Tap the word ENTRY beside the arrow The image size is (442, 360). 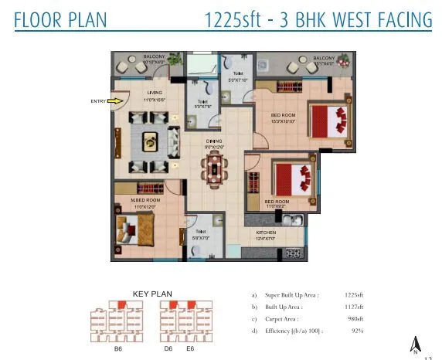point(98,101)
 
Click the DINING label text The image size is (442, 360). point(214,141)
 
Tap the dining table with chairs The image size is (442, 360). point(214,168)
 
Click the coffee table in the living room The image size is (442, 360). point(149,142)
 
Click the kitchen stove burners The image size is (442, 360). point(294,253)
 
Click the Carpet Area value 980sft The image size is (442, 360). point(354,318)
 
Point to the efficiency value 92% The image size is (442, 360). point(357,330)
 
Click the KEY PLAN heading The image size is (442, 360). point(152,294)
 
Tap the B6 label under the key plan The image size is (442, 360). point(118,348)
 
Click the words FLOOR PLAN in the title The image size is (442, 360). point(61,19)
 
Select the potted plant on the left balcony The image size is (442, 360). point(177,58)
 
